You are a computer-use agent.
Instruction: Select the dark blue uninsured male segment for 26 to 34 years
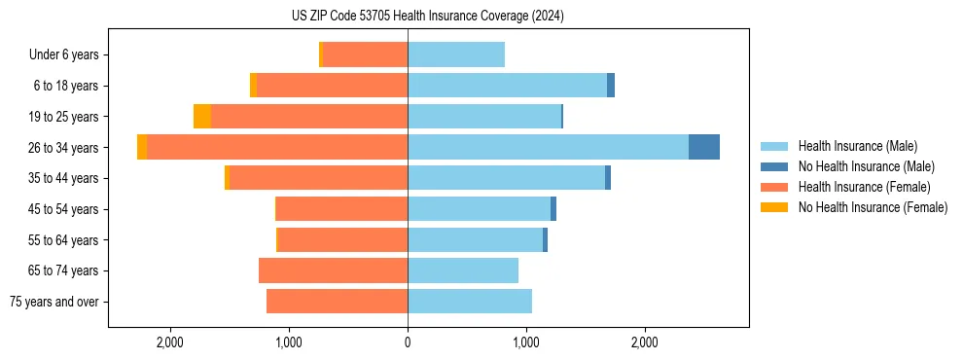[x=704, y=147]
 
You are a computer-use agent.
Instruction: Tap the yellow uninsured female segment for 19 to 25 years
[x=202, y=117]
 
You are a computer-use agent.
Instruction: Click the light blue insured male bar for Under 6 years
[x=456, y=55]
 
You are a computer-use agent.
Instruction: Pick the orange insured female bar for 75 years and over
[x=337, y=302]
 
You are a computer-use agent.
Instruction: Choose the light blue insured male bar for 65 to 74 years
[x=463, y=270]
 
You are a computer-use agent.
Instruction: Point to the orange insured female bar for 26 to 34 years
[x=277, y=147]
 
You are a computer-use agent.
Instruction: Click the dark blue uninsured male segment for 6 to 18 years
[x=611, y=86]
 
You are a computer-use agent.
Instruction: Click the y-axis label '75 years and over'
[x=54, y=302]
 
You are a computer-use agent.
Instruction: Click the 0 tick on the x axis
[x=408, y=342]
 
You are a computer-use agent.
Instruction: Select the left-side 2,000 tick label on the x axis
[x=169, y=342]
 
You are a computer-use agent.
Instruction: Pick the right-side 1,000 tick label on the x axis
[x=526, y=342]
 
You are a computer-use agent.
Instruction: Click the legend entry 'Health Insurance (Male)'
[x=857, y=146]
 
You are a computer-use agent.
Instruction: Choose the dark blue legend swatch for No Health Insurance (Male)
[x=774, y=166]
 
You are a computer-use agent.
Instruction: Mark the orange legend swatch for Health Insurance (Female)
[x=774, y=187]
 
